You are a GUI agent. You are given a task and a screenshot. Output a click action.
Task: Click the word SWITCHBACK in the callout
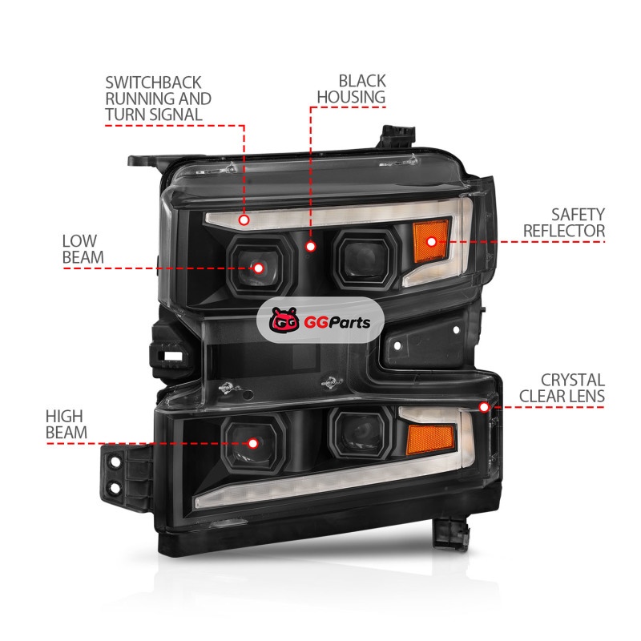(153, 83)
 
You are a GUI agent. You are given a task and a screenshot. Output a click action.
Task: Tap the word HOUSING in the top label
(351, 97)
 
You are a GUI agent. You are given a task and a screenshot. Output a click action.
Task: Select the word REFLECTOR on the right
(564, 231)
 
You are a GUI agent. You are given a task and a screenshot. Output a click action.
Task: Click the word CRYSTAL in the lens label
(572, 380)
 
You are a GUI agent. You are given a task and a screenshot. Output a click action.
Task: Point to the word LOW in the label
(79, 241)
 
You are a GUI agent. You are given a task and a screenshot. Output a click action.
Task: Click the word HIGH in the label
(64, 417)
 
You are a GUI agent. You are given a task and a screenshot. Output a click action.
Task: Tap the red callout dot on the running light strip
(244, 220)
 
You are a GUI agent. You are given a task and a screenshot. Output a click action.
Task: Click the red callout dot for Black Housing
(311, 246)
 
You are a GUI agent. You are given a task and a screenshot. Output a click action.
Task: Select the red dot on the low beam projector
(258, 268)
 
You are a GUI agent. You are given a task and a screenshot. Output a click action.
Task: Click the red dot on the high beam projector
(253, 444)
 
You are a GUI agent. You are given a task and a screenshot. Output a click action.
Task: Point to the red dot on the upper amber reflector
(431, 242)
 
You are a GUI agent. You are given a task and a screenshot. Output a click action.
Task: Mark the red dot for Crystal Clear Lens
(484, 407)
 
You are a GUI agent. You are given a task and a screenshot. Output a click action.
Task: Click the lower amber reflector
(430, 439)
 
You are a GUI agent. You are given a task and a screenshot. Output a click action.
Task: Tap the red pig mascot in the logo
(284, 320)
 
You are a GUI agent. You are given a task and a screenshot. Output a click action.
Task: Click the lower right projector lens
(360, 433)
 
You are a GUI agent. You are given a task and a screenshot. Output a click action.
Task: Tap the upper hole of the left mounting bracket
(115, 462)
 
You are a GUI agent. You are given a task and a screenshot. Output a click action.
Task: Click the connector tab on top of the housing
(396, 137)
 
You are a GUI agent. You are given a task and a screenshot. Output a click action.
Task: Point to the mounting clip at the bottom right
(451, 534)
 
